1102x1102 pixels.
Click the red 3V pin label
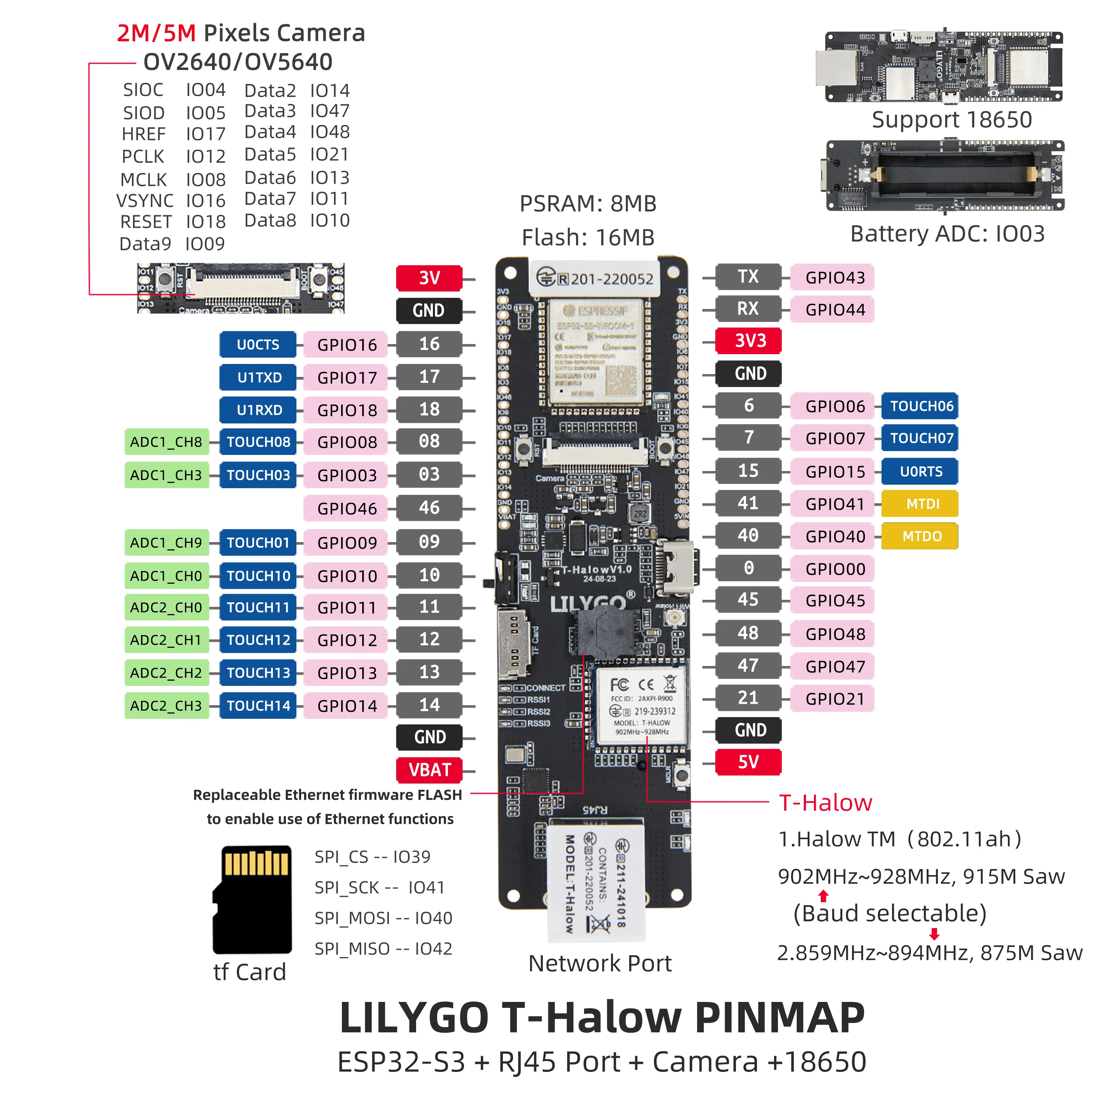(429, 278)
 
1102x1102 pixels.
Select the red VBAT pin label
(429, 770)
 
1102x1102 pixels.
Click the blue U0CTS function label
(258, 344)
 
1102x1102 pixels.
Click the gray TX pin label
(748, 277)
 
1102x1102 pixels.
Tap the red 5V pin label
(748, 762)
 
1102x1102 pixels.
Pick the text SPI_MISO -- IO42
(383, 949)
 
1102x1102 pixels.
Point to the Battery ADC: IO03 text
(947, 233)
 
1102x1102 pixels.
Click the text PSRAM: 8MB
(588, 204)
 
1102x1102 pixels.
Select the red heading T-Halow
(825, 802)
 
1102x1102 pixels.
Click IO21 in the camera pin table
(329, 155)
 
